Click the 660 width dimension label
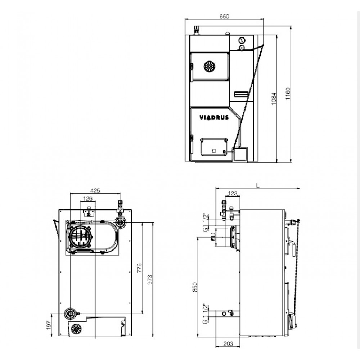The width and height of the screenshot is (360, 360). pyautogui.click(x=224, y=16)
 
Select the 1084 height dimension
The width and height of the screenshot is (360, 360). pyautogui.click(x=274, y=99)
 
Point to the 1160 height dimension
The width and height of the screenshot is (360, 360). pyautogui.click(x=288, y=94)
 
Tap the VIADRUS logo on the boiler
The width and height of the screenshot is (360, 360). pyautogui.click(x=214, y=118)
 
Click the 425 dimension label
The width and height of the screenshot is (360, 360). pyautogui.click(x=95, y=190)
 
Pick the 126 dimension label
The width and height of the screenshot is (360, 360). pyautogui.click(x=87, y=198)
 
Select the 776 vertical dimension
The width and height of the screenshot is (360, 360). pyautogui.click(x=139, y=268)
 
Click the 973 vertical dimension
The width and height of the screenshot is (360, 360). pyautogui.click(x=150, y=280)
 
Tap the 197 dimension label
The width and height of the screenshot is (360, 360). pyautogui.click(x=49, y=325)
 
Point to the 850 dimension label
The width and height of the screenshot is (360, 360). pyautogui.click(x=195, y=287)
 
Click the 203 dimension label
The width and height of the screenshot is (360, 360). pyautogui.click(x=228, y=344)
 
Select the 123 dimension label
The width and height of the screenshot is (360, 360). pyautogui.click(x=232, y=194)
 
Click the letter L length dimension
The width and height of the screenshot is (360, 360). pyautogui.click(x=258, y=185)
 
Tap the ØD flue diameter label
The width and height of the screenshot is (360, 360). pyautogui.click(x=213, y=237)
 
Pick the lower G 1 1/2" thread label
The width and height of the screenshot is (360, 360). pyautogui.click(x=206, y=314)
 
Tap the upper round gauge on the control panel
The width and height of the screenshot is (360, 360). pyautogui.click(x=242, y=40)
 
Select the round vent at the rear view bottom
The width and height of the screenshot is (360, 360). pyautogui.click(x=76, y=329)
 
